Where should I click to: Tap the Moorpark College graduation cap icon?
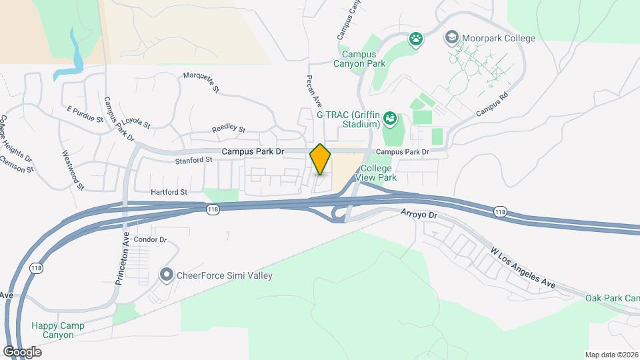[x=451, y=38]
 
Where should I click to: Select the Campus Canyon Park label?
[x=363, y=59]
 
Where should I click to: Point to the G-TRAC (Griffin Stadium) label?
[x=347, y=119]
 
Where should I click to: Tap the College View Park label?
[x=379, y=173]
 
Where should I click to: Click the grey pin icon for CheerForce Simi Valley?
[x=166, y=275]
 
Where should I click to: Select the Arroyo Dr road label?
[x=419, y=215]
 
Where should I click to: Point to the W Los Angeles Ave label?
[x=523, y=267]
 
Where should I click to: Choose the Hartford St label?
[x=169, y=192]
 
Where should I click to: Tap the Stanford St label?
[x=193, y=160]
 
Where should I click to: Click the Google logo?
[x=22, y=351]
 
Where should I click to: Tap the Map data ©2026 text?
[x=611, y=355]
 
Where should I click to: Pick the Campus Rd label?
[x=493, y=105]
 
